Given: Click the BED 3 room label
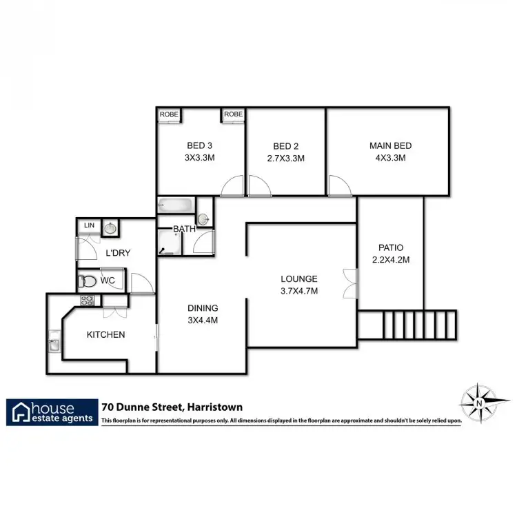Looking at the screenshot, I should [x=199, y=145].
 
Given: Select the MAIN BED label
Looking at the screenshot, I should [x=390, y=145].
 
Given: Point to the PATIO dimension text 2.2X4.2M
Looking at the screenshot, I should [x=390, y=260].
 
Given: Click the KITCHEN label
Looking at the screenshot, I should [x=105, y=335].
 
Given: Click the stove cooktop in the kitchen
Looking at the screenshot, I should [x=88, y=300].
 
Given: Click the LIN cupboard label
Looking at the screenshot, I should [x=89, y=225].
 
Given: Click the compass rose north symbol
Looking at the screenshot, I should [x=477, y=400].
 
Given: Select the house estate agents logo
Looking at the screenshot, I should [x=51, y=412].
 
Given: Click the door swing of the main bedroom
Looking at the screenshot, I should [x=338, y=185].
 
